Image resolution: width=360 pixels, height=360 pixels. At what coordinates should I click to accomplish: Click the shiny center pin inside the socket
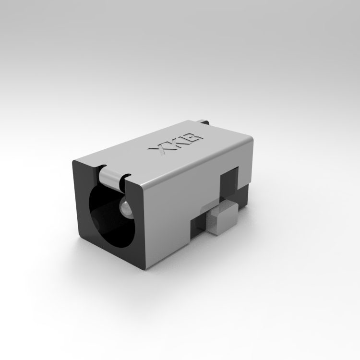tap(126, 207)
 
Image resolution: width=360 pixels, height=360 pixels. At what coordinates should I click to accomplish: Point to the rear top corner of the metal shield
tap(252, 139)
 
